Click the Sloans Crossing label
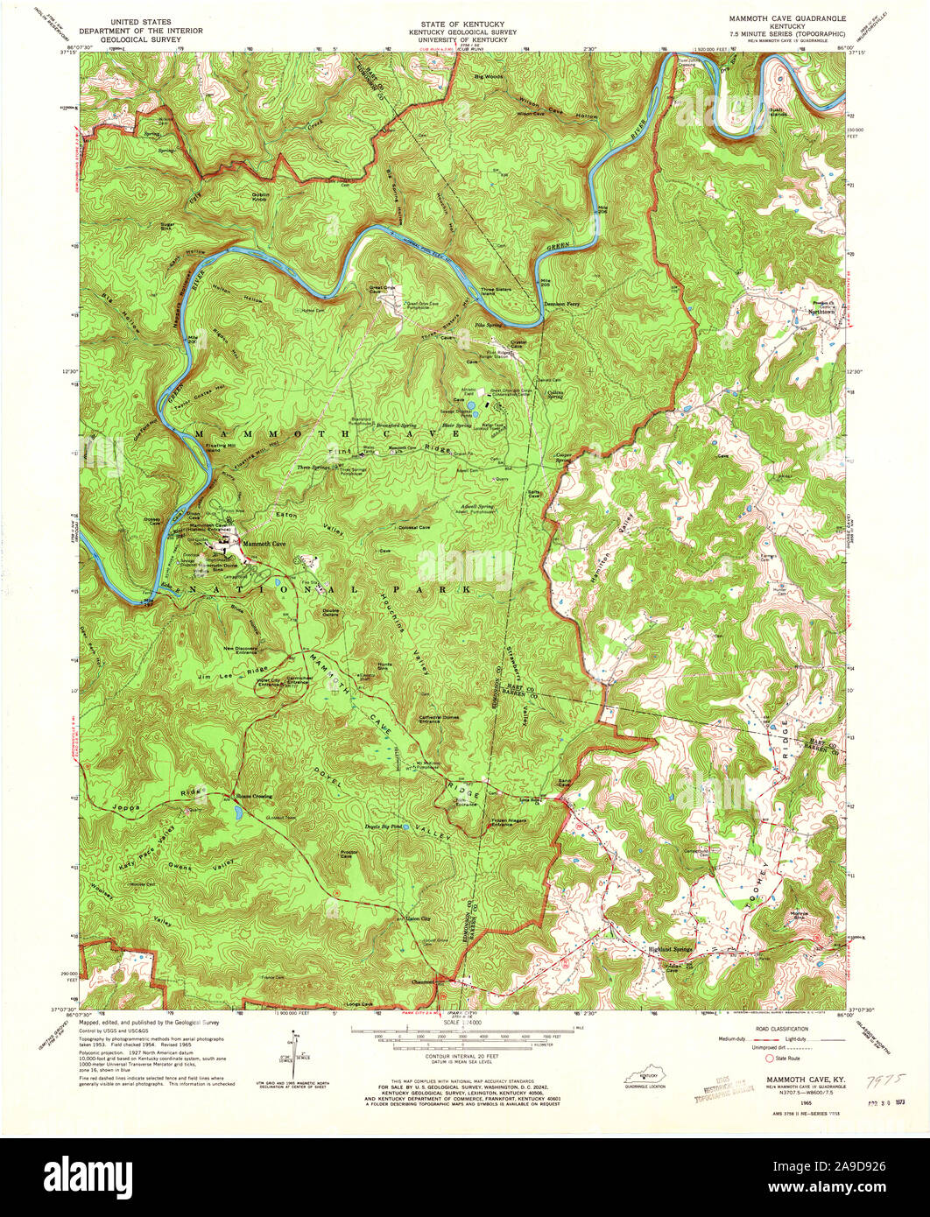point(253,796)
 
